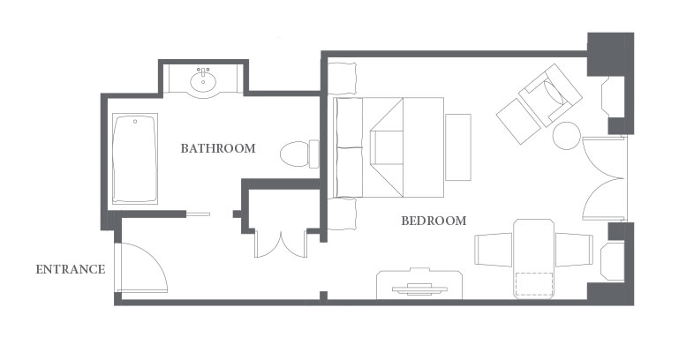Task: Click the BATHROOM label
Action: [218, 148]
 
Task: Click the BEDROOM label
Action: [434, 221]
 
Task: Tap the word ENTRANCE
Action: [71, 270]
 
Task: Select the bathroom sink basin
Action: [203, 81]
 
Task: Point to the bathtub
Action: [135, 158]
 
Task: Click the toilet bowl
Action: [294, 154]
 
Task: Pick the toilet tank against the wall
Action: [314, 154]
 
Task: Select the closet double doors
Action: [281, 245]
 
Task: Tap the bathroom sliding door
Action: [198, 214]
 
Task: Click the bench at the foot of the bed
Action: [458, 147]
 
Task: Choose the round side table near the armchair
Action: [566, 136]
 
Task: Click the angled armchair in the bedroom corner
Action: [550, 95]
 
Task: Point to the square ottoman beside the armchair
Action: [518, 121]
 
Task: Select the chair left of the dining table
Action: [494, 249]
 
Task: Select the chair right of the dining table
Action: [574, 250]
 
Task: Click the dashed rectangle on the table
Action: [534, 284]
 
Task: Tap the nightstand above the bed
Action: [342, 79]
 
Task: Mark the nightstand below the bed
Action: [342, 214]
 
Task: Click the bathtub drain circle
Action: [135, 122]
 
